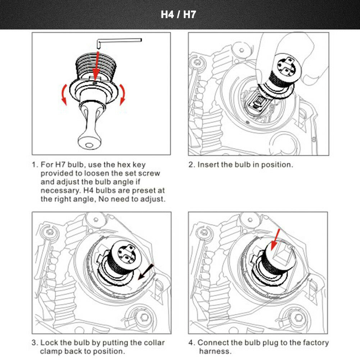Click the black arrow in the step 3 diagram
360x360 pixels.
(x=147, y=272)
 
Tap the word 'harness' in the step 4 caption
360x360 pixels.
(x=215, y=351)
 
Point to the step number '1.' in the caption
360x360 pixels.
(x=35, y=165)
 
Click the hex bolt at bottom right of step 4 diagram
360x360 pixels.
(x=299, y=318)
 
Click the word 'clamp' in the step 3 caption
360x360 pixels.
(x=51, y=351)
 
